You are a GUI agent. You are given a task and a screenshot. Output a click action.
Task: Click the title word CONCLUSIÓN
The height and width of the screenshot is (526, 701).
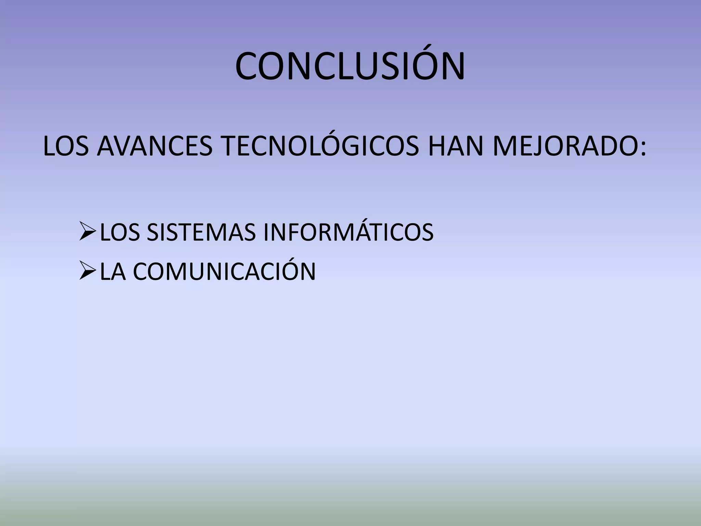(x=350, y=66)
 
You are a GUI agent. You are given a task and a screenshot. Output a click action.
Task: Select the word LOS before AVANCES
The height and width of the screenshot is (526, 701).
(x=66, y=146)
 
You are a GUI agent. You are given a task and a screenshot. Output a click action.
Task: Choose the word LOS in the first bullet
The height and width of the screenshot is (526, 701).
(x=120, y=233)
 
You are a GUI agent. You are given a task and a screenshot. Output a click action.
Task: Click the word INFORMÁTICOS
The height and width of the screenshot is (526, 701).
(x=348, y=233)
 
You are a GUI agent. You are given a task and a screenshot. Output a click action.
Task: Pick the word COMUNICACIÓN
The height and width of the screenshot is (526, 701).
(x=225, y=272)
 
